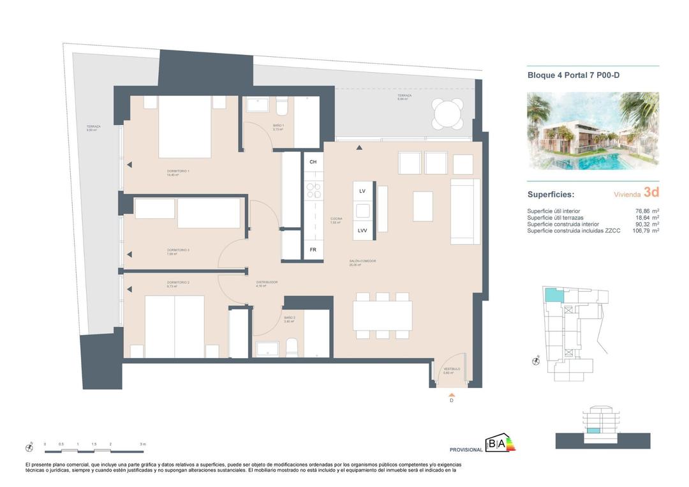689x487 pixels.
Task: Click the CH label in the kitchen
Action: (x=313, y=162)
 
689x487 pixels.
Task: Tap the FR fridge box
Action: (x=313, y=250)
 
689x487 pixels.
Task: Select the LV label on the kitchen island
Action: (x=362, y=191)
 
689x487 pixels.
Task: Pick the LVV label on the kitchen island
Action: (x=362, y=230)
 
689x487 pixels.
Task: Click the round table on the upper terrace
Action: (x=447, y=115)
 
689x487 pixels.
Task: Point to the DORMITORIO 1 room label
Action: (x=179, y=171)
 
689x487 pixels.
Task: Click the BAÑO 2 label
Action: (x=290, y=318)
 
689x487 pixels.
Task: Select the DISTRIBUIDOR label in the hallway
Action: (x=267, y=282)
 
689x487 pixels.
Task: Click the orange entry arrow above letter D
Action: (x=452, y=394)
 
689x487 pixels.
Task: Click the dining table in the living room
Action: (x=382, y=315)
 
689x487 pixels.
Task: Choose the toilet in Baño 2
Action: (x=292, y=348)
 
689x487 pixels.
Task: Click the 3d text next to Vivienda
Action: (x=651, y=193)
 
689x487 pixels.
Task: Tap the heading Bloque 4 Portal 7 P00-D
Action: (x=574, y=75)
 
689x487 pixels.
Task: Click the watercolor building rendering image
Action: (x=593, y=131)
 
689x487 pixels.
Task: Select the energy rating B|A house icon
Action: (x=496, y=443)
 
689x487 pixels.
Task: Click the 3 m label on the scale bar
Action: (x=143, y=444)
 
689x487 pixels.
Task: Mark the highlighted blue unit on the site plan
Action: (x=554, y=295)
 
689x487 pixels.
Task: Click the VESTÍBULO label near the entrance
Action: (x=452, y=370)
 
